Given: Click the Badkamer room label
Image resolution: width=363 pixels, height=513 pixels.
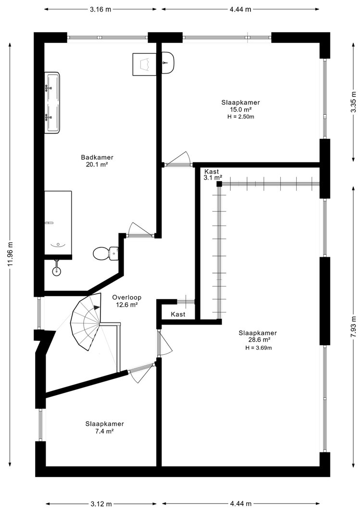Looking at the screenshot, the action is coord(97,161).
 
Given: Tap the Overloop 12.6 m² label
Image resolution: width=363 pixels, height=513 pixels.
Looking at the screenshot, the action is coord(126,301).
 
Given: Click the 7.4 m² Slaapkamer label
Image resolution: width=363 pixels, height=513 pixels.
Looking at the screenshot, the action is coord(105,427).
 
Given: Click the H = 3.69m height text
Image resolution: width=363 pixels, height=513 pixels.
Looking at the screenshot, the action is coord(259,348).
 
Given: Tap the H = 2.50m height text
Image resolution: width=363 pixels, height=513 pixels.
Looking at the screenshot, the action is coord(241,117).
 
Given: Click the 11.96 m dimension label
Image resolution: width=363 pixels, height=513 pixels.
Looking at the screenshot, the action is coord(11,254).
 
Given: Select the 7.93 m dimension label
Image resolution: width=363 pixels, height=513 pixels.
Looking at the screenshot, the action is coord(353,326).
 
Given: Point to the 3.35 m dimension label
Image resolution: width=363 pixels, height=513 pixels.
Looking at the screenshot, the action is coord(353,102).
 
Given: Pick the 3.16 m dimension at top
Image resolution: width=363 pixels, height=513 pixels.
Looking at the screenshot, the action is coord(100,9).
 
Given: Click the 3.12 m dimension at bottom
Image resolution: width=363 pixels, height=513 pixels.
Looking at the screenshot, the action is coord(100,503).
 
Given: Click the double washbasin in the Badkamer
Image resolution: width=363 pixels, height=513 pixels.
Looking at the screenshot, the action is coord(52,103).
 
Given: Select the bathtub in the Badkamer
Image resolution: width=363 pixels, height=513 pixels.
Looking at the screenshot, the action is coord(58,223).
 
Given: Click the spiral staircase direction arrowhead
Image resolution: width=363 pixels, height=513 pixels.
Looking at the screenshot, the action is coord(97,307).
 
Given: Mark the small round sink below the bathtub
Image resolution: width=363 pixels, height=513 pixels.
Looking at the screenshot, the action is coord(57,270).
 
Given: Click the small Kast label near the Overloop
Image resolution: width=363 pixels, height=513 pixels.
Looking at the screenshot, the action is coord(178,314).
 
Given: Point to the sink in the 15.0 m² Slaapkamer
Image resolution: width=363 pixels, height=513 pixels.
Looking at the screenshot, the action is coord(168,63).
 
